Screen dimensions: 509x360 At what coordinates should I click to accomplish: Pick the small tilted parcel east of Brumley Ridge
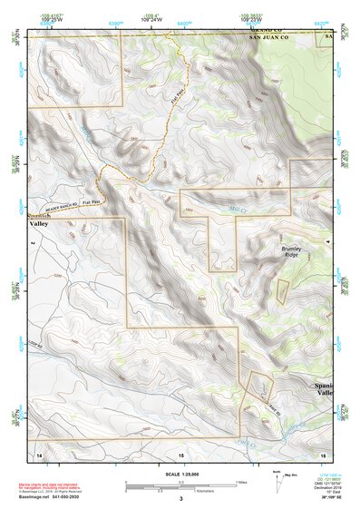[282, 291]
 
